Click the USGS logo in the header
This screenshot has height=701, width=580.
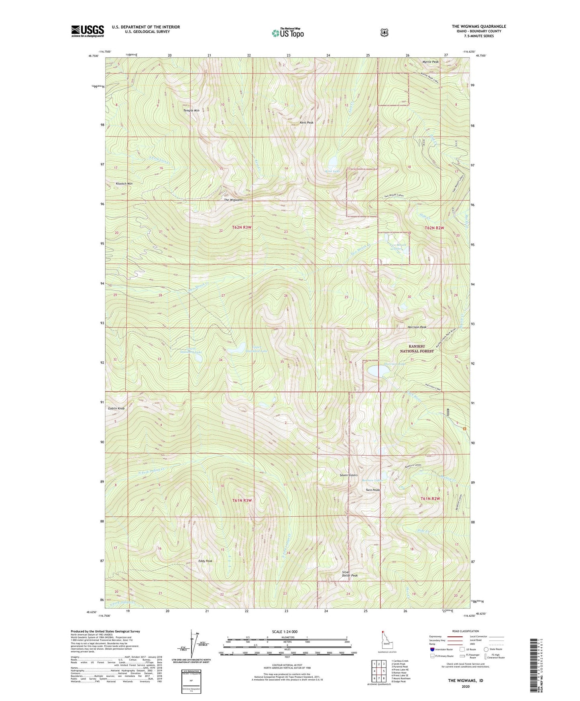[x=88, y=31]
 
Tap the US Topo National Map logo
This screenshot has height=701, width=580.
[x=287, y=33]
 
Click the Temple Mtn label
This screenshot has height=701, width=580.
[x=191, y=110]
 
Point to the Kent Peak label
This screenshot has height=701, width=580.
[x=306, y=122]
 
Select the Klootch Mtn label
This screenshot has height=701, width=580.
[x=124, y=183]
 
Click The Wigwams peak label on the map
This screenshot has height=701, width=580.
[x=233, y=200]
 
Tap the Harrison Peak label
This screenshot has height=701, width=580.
[x=417, y=327]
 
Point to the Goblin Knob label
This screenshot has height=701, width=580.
[x=116, y=408]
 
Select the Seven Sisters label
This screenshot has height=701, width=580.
[x=348, y=475]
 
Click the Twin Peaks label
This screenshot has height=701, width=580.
[x=372, y=490]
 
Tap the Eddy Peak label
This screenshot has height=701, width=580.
[x=205, y=561]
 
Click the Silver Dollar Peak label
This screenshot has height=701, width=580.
[x=349, y=574]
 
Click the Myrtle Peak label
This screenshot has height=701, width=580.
[x=430, y=62]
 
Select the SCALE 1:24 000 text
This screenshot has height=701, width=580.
[x=284, y=632]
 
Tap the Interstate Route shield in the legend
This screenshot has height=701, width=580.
[x=432, y=649]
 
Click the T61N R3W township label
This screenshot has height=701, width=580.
[x=242, y=500]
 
